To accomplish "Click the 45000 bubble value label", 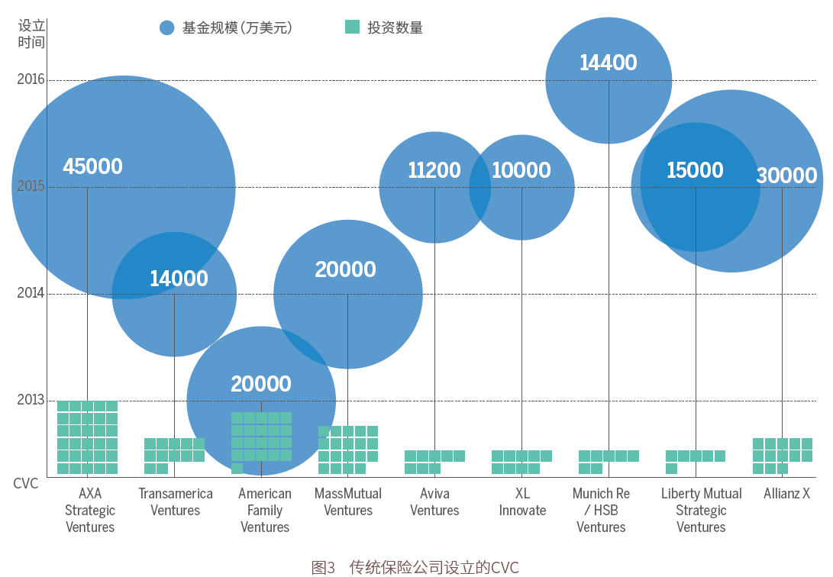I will click(x=92, y=166).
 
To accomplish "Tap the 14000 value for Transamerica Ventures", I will click(x=179, y=279).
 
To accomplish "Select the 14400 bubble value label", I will click(x=608, y=63).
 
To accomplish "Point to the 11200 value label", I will click(x=434, y=170).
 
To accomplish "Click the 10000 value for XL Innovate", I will click(x=521, y=170).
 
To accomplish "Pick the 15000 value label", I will click(x=695, y=170).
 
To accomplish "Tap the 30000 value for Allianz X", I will click(x=786, y=176).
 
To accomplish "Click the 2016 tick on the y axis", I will click(x=31, y=79).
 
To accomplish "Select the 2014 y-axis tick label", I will click(x=31, y=293).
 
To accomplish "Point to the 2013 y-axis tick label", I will click(x=31, y=400).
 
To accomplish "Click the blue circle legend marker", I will click(x=167, y=28).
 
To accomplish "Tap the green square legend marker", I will click(x=352, y=27).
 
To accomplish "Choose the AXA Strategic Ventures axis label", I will click(x=90, y=510).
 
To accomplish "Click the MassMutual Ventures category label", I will click(x=348, y=501).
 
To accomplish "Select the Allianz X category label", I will click(x=786, y=494).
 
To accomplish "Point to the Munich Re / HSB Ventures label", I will click(x=602, y=510).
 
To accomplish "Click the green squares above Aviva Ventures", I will click(x=434, y=462).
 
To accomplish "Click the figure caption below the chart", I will click(x=415, y=567).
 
